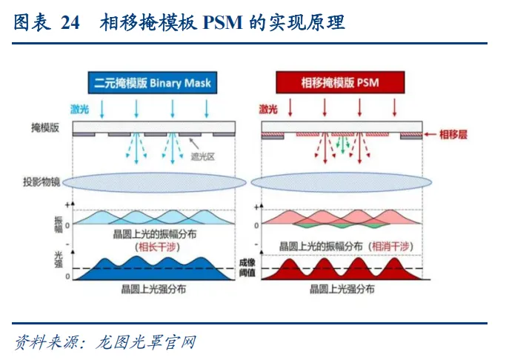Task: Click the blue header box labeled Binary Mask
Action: point(152,82)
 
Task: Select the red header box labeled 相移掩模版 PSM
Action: point(330,82)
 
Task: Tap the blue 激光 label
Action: point(80,109)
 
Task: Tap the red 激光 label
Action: point(268,109)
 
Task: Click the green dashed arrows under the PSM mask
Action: point(342,145)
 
